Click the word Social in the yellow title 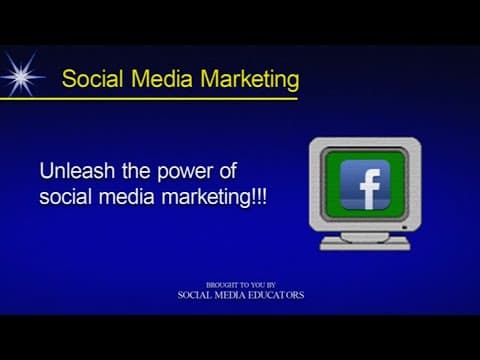point(92,79)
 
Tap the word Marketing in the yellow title point(250,80)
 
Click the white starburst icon point(22,75)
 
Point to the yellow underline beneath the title point(149,98)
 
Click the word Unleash point(77,171)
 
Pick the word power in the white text point(185,172)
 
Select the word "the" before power point(136,171)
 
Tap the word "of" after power point(228,171)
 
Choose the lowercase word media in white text point(127,196)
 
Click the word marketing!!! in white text point(214,198)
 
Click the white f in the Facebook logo point(369,189)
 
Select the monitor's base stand point(365,242)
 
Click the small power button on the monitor point(405,227)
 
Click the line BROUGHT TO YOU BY point(241,285)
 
